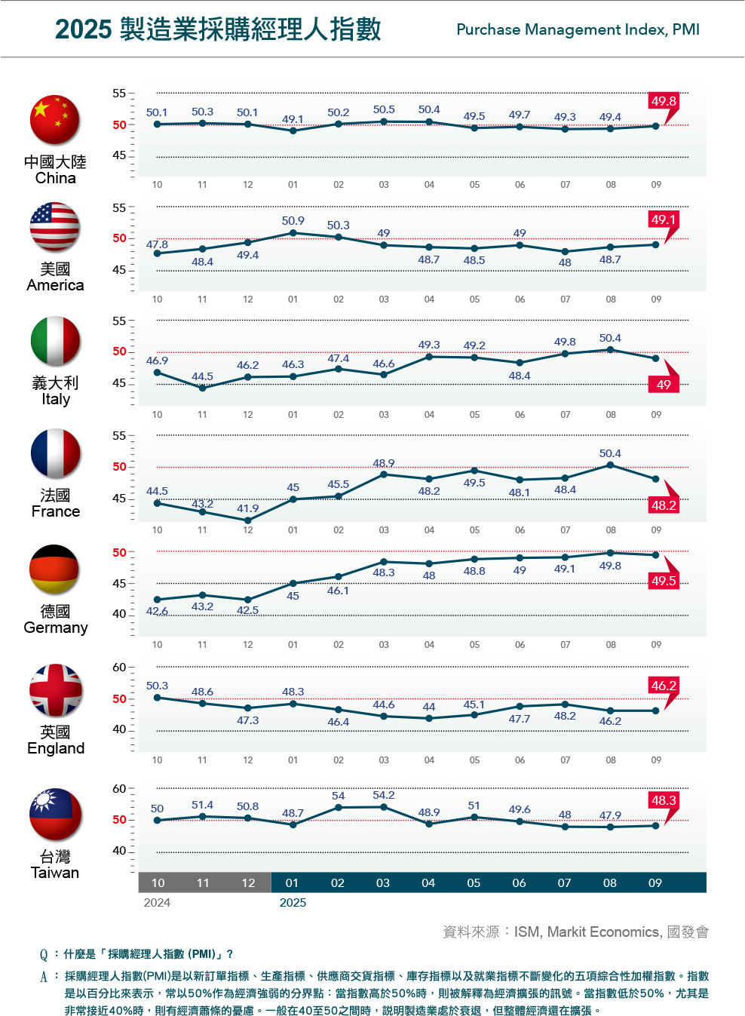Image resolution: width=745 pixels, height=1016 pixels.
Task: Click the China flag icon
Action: pos(55,120)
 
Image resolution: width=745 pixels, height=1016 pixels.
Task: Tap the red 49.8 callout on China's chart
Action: pos(664,101)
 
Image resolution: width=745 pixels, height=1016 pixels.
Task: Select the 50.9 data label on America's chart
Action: pos(293,221)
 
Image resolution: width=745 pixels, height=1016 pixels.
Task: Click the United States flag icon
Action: pos(55,227)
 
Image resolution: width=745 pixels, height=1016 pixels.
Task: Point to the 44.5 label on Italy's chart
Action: pos(202,376)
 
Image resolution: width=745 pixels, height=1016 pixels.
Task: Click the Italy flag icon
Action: pos(55,341)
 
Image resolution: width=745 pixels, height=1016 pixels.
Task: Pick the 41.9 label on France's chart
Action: pos(247,508)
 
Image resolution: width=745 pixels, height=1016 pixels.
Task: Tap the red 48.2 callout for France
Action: pos(664,505)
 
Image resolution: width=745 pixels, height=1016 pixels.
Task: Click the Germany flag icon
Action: pos(55,569)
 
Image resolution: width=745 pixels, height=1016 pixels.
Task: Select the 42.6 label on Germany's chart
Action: pos(157,611)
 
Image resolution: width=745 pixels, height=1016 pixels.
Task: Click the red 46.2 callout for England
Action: pos(664,686)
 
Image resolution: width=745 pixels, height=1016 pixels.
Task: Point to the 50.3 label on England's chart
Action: pos(157,686)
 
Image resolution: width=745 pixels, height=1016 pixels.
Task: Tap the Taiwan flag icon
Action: pos(55,815)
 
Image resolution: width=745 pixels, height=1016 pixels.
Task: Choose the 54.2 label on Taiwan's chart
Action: pos(383,795)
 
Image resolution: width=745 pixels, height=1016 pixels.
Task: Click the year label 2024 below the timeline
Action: pos(157,903)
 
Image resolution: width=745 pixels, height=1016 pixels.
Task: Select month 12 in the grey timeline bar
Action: pos(248,882)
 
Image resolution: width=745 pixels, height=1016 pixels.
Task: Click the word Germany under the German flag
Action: pos(56,628)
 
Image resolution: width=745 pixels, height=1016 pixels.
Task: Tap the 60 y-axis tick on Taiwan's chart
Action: pos(119,789)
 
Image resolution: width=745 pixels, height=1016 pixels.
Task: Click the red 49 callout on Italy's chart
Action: pos(664,385)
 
